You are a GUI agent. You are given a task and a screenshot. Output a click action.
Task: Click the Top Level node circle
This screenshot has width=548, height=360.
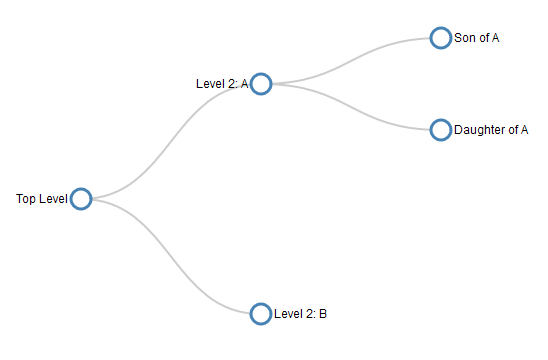click(x=81, y=199)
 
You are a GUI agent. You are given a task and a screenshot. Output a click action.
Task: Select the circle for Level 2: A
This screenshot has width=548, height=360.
click(x=261, y=84)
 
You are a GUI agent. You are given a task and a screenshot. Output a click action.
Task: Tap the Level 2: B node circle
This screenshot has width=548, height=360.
click(x=261, y=314)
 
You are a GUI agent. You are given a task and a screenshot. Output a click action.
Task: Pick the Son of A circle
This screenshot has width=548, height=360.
click(x=440, y=38)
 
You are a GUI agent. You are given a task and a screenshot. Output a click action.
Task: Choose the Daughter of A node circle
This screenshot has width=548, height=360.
click(x=440, y=130)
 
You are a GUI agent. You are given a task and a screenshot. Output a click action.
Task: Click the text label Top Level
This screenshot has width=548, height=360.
click(x=41, y=199)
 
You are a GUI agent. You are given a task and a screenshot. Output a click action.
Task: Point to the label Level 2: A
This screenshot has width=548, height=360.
click(x=221, y=84)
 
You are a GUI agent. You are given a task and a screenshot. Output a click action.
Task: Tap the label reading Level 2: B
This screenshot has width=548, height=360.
click(x=300, y=314)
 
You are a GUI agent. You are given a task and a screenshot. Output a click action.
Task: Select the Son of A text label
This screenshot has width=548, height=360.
click(x=476, y=38)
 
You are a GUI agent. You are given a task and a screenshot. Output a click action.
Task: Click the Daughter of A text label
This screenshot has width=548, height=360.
click(x=491, y=130)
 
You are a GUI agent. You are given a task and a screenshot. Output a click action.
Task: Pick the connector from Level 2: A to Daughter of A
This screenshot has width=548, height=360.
click(x=350, y=107)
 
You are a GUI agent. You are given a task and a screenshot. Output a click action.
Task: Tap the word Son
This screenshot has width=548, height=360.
click(x=464, y=38)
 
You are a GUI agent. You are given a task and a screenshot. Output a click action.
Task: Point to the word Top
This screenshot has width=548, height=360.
click(x=25, y=199)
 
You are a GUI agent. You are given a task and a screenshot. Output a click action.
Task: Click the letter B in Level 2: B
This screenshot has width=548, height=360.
click(x=322, y=314)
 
